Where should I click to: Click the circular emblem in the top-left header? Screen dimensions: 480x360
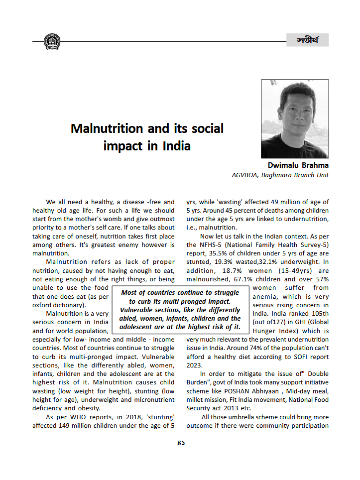pyautogui.click(x=51, y=41)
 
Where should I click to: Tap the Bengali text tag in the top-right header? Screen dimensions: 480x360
pyautogui.click(x=307, y=40)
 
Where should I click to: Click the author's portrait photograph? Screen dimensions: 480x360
pyautogui.click(x=295, y=119)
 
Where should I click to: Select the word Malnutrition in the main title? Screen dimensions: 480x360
pyautogui.click(x=107, y=128)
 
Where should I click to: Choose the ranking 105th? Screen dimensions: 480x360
pyautogui.click(x=318, y=313)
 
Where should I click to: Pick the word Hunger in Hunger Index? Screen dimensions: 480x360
pyautogui.click(x=264, y=331)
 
